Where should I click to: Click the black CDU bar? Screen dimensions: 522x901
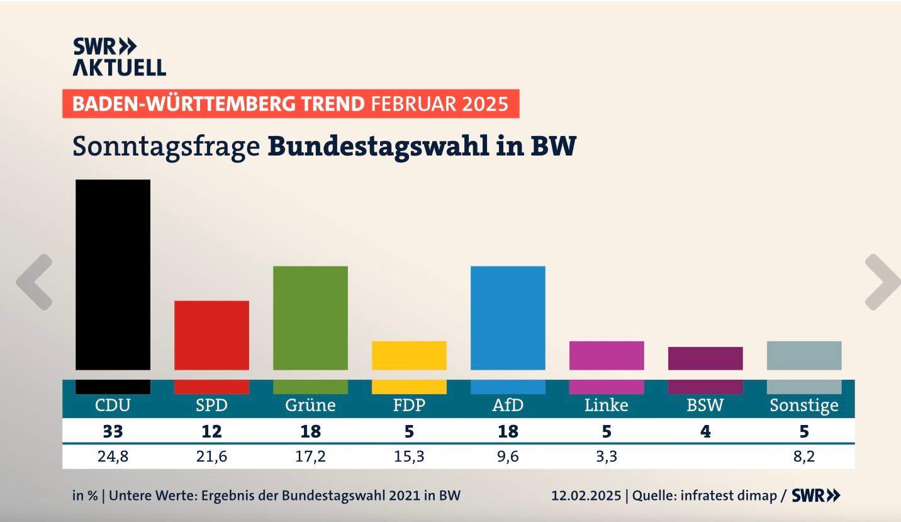[113, 275]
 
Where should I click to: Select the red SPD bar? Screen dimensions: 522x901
[211, 335]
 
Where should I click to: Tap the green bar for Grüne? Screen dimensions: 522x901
[310, 317]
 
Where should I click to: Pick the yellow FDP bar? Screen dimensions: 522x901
[409, 355]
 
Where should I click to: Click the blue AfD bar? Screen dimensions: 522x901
[508, 317]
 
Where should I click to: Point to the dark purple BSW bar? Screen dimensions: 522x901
[705, 358]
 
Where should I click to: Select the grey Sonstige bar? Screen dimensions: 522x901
[804, 355]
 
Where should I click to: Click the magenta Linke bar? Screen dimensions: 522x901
[607, 355]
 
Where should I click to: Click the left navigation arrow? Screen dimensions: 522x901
[34, 281]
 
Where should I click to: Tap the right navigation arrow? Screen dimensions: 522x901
[882, 281]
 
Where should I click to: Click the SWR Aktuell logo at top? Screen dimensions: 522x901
[119, 57]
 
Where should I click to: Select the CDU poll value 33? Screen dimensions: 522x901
[113, 432]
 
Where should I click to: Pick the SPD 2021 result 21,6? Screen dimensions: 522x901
[211, 457]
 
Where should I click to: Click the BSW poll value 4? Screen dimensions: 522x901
[705, 432]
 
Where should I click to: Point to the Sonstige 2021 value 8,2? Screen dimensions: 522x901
[804, 457]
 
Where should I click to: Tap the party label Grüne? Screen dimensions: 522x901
[310, 405]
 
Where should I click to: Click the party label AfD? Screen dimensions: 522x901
[508, 405]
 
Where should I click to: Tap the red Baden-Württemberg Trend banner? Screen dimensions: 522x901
[290, 103]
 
